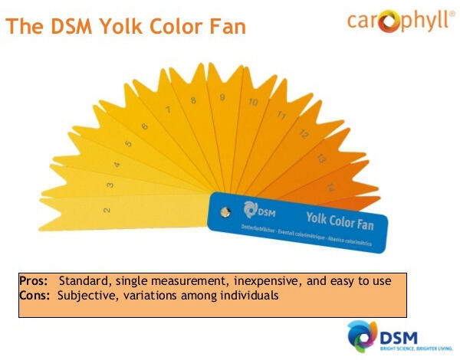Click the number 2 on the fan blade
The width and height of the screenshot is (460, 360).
click(x=106, y=209)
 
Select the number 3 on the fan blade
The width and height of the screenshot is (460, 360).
click(x=110, y=185)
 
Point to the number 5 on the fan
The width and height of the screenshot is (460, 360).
click(x=128, y=143)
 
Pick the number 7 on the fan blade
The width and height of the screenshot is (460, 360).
click(x=167, y=110)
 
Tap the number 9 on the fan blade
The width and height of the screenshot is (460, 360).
click(x=222, y=97)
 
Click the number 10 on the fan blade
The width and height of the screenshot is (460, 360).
click(x=252, y=102)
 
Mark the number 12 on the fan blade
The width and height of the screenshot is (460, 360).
click(x=303, y=133)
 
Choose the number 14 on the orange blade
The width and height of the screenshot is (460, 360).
click(x=330, y=187)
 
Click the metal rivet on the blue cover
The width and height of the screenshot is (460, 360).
click(x=223, y=212)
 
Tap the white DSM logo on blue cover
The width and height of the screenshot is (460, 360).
click(x=258, y=209)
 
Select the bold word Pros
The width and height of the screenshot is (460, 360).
click(x=34, y=281)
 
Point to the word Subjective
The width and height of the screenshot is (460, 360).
click(x=83, y=295)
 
